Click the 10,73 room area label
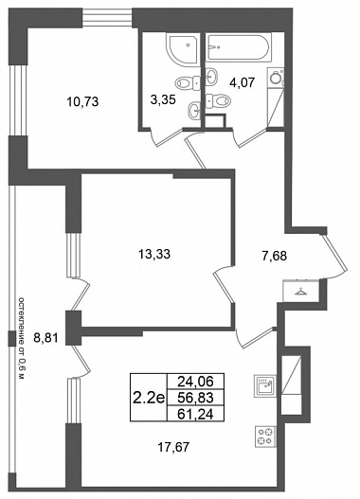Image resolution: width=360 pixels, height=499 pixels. (x=82, y=102)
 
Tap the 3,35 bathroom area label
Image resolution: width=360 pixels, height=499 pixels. (x=163, y=100)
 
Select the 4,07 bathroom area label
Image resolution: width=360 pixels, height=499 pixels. (x=243, y=82)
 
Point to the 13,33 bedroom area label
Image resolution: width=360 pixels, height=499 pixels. (x=154, y=254)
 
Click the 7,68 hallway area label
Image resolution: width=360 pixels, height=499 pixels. (x=275, y=256)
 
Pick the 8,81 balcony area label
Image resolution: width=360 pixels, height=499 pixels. (x=46, y=338)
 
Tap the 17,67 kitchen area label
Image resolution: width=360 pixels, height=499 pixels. (x=173, y=448)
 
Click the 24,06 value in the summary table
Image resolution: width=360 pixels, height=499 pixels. (x=195, y=381)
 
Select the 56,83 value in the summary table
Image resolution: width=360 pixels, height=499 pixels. (x=195, y=397)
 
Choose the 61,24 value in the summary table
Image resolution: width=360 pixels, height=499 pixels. (x=195, y=414)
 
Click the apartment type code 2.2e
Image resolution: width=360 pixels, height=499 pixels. (x=149, y=397)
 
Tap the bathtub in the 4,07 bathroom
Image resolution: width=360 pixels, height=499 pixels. (x=239, y=47)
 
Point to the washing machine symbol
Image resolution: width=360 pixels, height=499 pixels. (x=276, y=79)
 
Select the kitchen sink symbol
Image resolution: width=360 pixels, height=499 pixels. (x=265, y=385)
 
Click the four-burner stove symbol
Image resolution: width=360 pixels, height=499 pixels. (x=265, y=437)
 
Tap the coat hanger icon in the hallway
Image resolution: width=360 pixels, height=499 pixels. (x=299, y=292)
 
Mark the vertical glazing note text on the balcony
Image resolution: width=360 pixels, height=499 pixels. (x=22, y=338)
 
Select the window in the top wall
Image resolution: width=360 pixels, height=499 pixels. (x=107, y=18)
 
